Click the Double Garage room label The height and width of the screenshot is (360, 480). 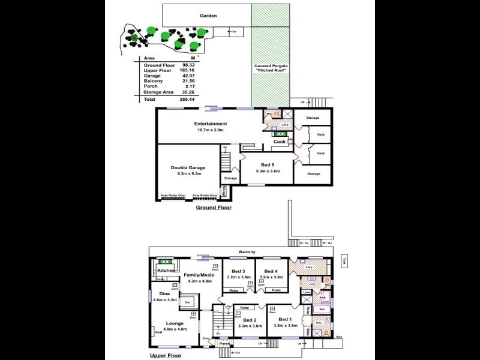(188, 167)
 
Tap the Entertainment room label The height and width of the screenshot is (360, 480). (210, 124)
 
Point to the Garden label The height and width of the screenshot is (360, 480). (208, 16)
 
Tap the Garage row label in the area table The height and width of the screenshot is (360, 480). (152, 76)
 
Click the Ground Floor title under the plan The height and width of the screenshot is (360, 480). (214, 208)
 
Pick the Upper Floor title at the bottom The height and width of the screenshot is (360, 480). (166, 355)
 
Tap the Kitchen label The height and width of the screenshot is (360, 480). (166, 271)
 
